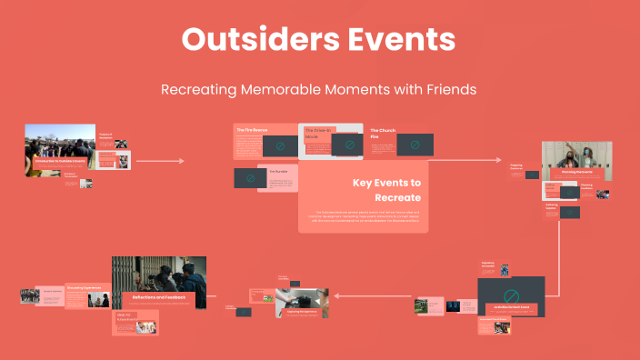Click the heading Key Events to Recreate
click(x=386, y=189)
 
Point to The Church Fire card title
click(x=381, y=135)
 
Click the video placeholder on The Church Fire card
click(x=415, y=145)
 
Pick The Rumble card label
click(x=278, y=171)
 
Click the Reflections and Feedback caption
click(x=159, y=297)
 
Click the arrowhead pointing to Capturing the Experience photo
click(x=338, y=295)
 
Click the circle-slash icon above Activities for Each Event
click(x=511, y=295)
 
